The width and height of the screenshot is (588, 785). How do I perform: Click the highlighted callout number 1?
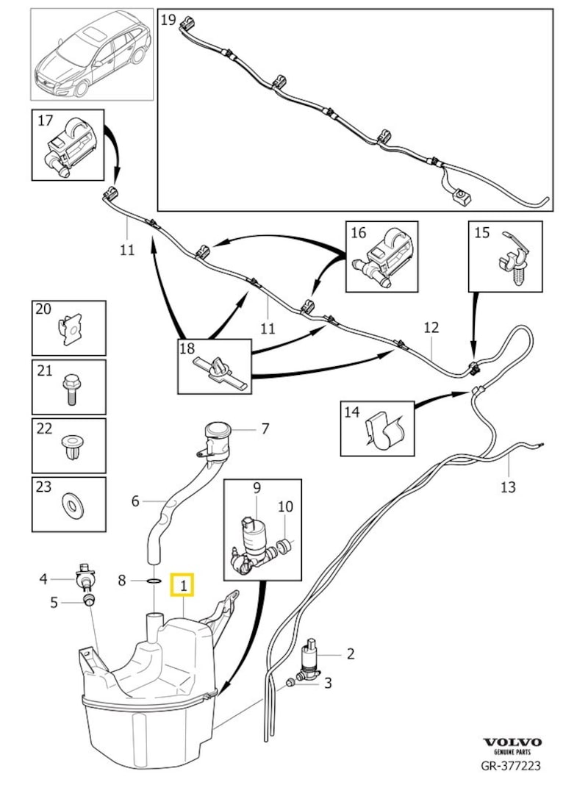pos(182,586)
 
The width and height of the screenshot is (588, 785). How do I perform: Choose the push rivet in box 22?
pos(72,448)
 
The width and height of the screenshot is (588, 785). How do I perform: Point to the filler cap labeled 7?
pos(217,430)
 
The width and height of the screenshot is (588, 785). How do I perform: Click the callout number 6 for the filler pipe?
pos(135,501)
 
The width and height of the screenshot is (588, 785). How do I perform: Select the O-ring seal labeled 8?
pos(153,581)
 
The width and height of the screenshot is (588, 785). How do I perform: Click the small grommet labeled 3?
pos(291,683)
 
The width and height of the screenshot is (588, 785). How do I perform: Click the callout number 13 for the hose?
pos(508,487)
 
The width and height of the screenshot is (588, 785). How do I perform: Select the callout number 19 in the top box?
pos(168,20)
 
